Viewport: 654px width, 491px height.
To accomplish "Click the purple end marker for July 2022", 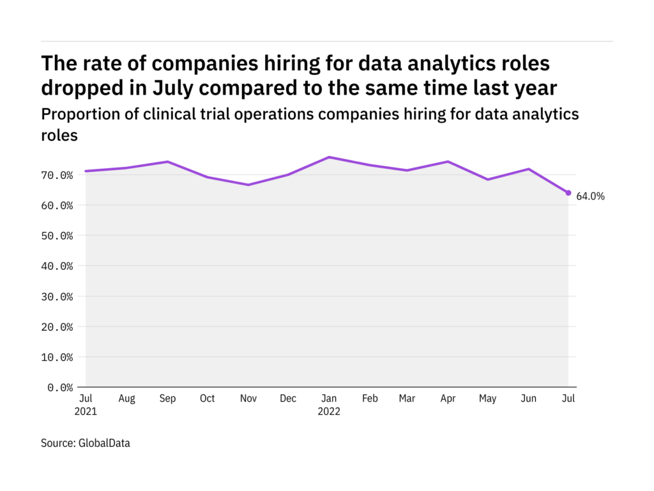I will [x=568, y=192].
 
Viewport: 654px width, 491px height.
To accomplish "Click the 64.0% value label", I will [x=590, y=197].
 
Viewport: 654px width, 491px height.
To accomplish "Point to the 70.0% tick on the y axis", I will [x=59, y=175].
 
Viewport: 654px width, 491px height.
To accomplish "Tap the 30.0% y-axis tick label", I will [x=59, y=297].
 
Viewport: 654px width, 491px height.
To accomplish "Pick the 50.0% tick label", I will [x=59, y=236].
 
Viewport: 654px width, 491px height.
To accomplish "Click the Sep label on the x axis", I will [x=167, y=399].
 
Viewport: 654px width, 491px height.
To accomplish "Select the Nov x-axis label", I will [x=248, y=399].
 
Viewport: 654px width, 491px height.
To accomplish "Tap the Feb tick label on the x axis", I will [x=370, y=399].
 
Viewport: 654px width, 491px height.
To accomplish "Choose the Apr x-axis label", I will [x=447, y=399].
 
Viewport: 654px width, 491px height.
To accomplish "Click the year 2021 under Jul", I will [x=85, y=412].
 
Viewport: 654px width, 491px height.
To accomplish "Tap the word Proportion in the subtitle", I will [x=77, y=114].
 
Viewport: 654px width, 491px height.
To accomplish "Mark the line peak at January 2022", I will [x=328, y=157].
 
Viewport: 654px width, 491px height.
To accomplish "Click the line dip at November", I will [x=248, y=185].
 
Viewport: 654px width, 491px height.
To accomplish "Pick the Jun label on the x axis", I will [x=528, y=399].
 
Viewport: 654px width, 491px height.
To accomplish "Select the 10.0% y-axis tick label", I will [x=59, y=357].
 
